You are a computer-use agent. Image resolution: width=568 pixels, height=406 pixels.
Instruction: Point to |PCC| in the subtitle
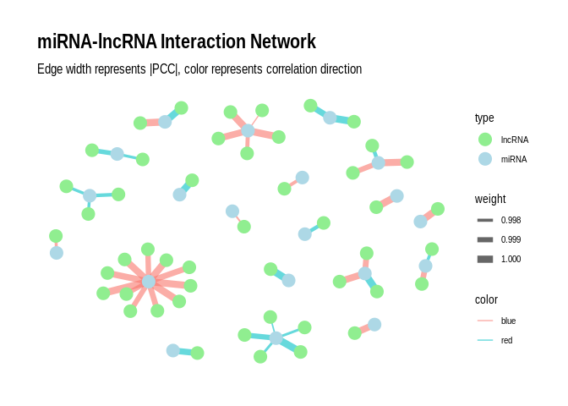[164, 69]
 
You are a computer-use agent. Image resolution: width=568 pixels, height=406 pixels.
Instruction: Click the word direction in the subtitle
[341, 69]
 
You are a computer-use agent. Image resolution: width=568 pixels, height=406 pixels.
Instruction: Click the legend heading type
[484, 118]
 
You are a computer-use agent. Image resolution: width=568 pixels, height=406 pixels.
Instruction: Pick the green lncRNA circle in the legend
[485, 140]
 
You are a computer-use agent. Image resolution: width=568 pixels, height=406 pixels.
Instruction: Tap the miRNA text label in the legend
[514, 159]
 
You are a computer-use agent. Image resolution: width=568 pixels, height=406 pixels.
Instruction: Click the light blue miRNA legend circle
[485, 159]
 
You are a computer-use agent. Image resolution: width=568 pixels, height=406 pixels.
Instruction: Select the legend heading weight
[490, 199]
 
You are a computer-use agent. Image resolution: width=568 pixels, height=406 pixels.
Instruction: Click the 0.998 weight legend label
[511, 220]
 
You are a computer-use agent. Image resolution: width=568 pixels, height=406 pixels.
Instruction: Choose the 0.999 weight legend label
[511, 239]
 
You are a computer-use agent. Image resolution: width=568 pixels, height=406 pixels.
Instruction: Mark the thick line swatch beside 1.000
[485, 259]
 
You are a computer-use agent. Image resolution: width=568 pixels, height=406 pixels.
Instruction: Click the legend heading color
[486, 299]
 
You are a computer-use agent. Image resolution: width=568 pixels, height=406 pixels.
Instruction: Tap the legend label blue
[508, 321]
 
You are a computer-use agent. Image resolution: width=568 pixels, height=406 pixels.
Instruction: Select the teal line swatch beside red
[485, 340]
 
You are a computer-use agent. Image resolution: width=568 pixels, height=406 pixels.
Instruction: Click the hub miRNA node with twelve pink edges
[149, 282]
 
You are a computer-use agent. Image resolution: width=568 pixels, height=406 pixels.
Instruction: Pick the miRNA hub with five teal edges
[276, 338]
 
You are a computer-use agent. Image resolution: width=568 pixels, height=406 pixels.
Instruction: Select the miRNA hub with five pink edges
[248, 130]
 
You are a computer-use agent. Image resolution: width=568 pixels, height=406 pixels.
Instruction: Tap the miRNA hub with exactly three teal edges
[90, 195]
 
